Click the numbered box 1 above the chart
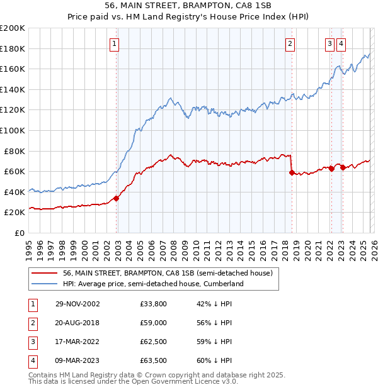tap(114, 44)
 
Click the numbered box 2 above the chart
tap(289, 44)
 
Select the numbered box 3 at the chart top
tap(329, 44)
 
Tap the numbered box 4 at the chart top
tap(341, 44)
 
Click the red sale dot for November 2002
tap(117, 198)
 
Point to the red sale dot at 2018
tap(292, 172)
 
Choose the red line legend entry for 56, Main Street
tap(167, 273)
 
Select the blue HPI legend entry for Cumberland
tap(152, 284)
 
